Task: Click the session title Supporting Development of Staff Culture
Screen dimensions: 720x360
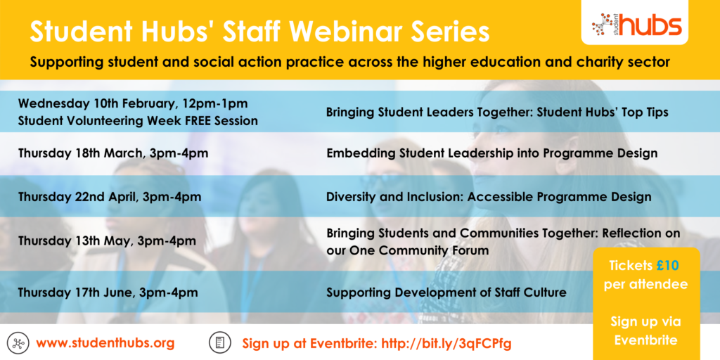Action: coord(446,292)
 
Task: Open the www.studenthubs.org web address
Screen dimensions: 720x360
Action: coord(105,342)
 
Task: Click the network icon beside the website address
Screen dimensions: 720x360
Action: coord(18,342)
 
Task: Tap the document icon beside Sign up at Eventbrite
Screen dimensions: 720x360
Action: coord(219,342)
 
